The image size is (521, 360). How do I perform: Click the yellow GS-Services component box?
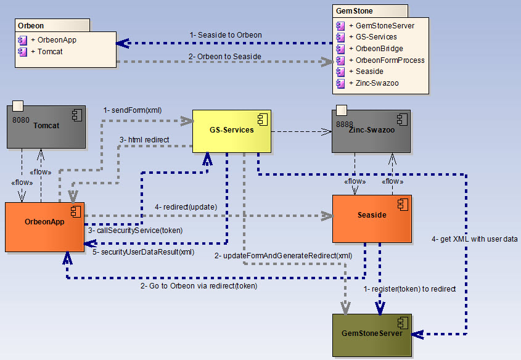tap(231, 131)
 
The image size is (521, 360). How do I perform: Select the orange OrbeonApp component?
tap(44, 226)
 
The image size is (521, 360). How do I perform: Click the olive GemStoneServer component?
tap(371, 333)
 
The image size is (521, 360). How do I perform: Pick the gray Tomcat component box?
tap(46, 126)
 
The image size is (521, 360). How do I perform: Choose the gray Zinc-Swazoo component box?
tap(371, 132)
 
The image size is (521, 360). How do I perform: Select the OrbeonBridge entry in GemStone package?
tap(379, 49)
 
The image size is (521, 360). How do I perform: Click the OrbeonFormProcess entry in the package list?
tap(386, 60)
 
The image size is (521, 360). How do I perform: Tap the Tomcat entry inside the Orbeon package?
tap(49, 51)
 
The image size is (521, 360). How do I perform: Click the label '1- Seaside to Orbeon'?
tap(226, 35)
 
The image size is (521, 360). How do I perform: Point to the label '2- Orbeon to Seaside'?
tap(225, 56)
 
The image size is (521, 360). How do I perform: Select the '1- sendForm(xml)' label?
tap(133, 110)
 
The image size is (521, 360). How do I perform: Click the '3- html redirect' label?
tap(144, 139)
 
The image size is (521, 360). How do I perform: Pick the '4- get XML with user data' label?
tap(474, 239)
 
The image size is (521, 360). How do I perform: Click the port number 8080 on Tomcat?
tap(21, 120)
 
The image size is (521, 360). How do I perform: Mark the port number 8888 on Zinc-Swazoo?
tap(345, 124)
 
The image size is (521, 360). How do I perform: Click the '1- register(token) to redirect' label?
tap(409, 288)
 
